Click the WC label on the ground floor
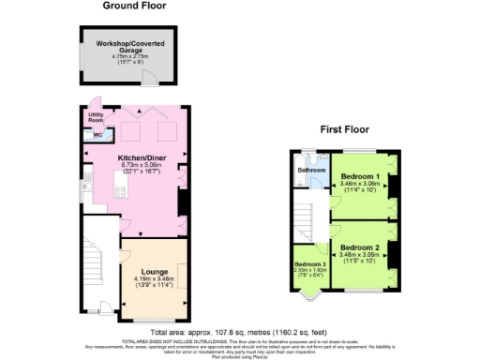[97, 134]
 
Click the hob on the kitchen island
[121, 193]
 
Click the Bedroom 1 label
[360, 177]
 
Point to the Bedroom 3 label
[309, 262]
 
